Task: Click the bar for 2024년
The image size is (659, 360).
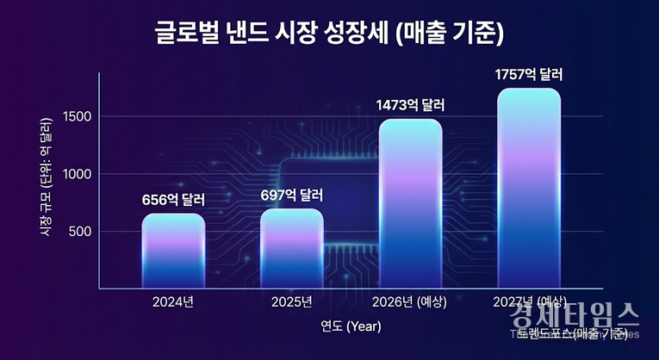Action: [x=173, y=251]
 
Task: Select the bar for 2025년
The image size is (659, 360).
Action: [x=291, y=248]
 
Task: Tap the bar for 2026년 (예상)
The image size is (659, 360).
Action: [x=410, y=203]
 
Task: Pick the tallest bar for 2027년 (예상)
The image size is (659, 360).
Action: [x=529, y=188]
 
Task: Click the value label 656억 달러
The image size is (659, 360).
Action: [x=174, y=199]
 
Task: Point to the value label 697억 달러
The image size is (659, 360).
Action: [x=292, y=195]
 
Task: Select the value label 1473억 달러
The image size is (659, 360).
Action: [x=410, y=105]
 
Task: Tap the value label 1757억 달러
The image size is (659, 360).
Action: [x=529, y=75]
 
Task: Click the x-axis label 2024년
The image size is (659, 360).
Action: [x=173, y=302]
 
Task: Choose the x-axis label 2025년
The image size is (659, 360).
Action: [x=291, y=302]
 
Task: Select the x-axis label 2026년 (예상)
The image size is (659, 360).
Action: [x=410, y=302]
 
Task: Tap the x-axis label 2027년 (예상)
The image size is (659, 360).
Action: [x=529, y=302]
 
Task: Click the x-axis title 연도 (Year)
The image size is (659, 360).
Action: [x=351, y=326]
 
